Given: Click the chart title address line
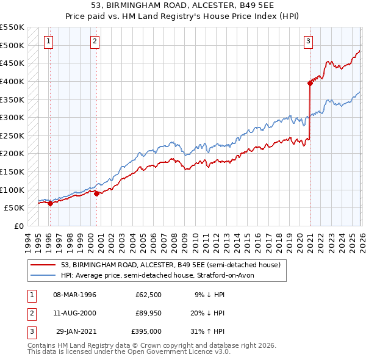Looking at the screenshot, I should (182, 5).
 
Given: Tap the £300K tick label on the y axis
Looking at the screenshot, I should (12, 117).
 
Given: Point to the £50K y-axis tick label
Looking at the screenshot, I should (14, 207).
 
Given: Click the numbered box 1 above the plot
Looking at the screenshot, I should (48, 41).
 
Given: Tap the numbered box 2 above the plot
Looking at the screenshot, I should (96, 41).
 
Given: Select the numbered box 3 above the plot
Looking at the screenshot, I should (309, 41).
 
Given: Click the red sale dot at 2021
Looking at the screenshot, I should (310, 84).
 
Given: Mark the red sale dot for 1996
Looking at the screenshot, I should (50, 204).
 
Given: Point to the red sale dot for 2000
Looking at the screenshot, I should (97, 193).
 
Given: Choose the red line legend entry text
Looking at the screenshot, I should (170, 265).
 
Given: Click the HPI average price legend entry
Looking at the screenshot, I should (162, 275).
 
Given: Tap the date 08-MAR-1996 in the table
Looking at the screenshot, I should (74, 295).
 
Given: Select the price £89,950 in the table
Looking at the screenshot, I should (148, 313).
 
